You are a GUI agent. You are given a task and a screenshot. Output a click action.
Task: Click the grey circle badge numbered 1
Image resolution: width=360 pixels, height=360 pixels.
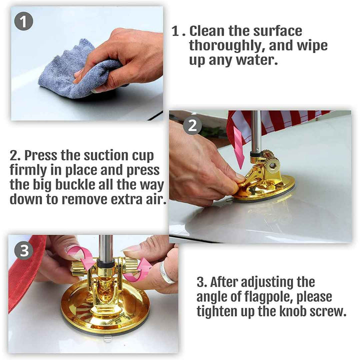pyautogui.click(x=23, y=21)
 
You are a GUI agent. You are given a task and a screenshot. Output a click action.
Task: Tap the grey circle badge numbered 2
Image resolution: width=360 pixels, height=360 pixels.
pyautogui.click(x=192, y=125)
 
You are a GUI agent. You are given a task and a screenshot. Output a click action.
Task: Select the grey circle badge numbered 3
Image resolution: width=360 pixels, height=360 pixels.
pyautogui.click(x=24, y=250)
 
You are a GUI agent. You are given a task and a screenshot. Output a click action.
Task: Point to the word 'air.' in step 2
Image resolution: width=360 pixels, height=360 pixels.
pyautogui.click(x=156, y=199)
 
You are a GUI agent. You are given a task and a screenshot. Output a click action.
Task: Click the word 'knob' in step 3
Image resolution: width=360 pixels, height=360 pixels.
pyautogui.click(x=292, y=311)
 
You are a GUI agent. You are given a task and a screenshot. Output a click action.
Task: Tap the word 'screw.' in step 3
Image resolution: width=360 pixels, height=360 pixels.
pyautogui.click(x=327, y=312)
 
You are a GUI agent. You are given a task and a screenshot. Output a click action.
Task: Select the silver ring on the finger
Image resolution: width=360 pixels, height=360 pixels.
pyautogui.click(x=167, y=273)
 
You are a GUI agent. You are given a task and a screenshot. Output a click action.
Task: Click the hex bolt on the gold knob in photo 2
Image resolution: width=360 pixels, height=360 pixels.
pyautogui.click(x=272, y=164)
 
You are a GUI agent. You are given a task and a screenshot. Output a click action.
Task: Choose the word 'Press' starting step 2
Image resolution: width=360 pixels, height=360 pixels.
pyautogui.click(x=40, y=155)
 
